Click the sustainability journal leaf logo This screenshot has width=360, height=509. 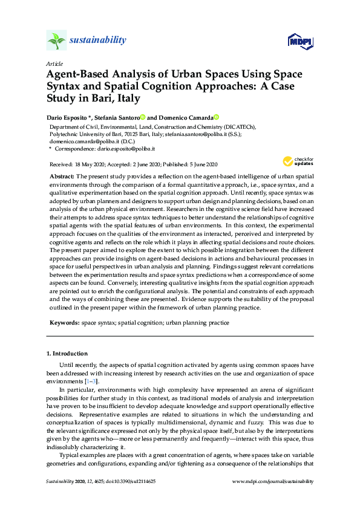click(x=56, y=41)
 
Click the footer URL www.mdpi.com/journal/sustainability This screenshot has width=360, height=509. click(x=273, y=481)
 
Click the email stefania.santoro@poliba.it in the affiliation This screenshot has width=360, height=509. click(x=212, y=134)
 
